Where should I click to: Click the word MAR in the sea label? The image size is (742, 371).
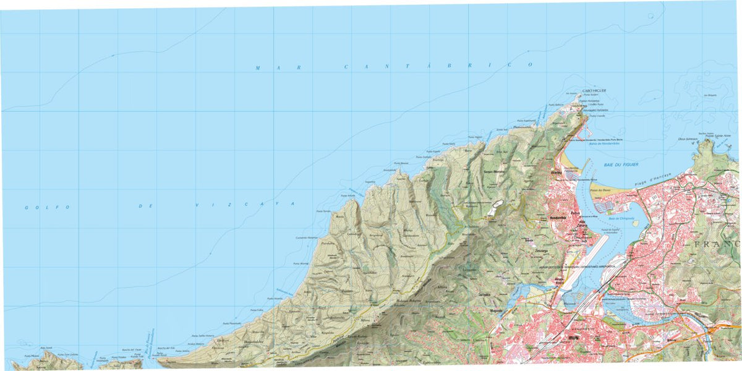pyautogui.click(x=267, y=67)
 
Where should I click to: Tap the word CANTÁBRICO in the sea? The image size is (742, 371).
pyautogui.click(x=438, y=66)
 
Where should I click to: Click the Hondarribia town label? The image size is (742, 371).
pyautogui.click(x=558, y=218)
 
